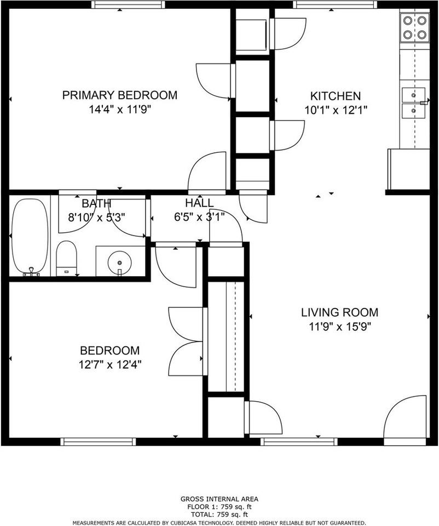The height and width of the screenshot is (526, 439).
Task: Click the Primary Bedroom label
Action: click(x=119, y=95)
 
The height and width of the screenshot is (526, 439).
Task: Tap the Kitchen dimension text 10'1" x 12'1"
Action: click(x=336, y=109)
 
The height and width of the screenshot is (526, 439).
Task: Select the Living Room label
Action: click(x=339, y=312)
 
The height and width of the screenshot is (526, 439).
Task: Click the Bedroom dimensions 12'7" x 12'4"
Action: click(x=109, y=364)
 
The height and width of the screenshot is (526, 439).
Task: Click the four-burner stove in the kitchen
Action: click(x=414, y=27)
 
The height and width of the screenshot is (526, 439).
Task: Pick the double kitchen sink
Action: click(x=413, y=103)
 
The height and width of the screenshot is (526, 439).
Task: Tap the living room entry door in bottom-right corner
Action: click(x=406, y=418)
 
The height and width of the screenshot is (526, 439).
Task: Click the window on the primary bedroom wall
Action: click(x=128, y=4)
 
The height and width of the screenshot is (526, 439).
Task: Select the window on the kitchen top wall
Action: click(x=335, y=4)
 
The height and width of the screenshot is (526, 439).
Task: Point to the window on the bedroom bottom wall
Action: click(x=98, y=442)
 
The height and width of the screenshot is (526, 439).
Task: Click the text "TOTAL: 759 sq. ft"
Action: click(x=219, y=514)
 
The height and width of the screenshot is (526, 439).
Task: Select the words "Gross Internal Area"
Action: click(x=219, y=499)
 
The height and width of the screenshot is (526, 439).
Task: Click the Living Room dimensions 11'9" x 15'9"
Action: click(x=339, y=327)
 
